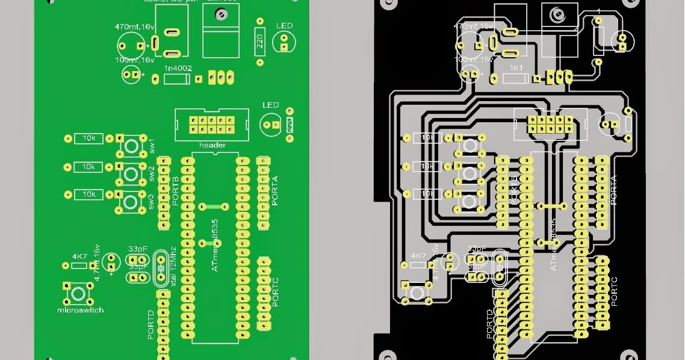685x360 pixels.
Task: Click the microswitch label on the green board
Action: [x=80, y=310]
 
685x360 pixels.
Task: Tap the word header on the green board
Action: [x=212, y=145]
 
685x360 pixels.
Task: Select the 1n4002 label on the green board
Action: [x=178, y=69]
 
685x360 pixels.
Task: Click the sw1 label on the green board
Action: [x=152, y=145]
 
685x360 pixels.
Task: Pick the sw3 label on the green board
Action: [x=152, y=200]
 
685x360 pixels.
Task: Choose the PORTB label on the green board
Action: [x=175, y=192]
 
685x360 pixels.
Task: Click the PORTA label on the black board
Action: [x=613, y=191]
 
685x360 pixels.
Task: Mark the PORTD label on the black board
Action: [x=489, y=324]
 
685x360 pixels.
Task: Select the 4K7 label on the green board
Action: [x=79, y=256]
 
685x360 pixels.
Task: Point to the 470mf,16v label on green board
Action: [x=135, y=27]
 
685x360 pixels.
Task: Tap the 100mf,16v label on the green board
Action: [x=135, y=60]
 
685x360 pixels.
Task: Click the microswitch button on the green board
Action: [x=78, y=293]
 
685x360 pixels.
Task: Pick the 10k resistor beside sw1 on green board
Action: [x=88, y=138]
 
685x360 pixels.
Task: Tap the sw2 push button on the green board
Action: [x=130, y=173]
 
